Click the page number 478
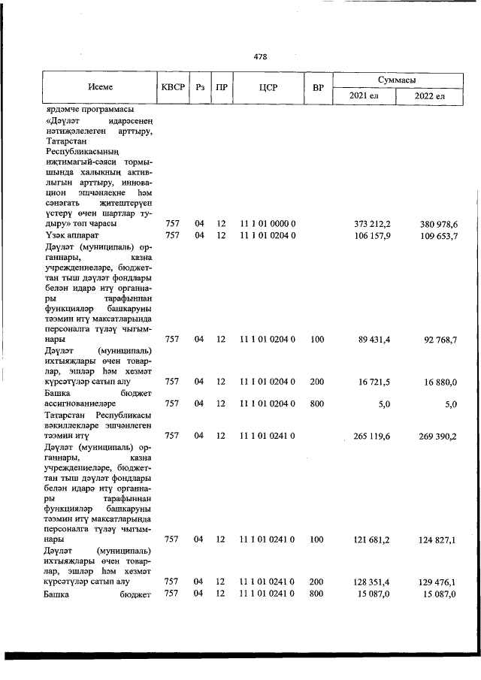(x=261, y=57)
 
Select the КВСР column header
(x=171, y=87)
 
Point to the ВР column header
(x=318, y=87)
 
